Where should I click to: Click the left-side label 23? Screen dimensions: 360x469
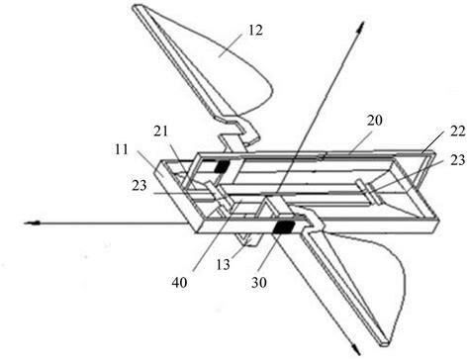[141, 181]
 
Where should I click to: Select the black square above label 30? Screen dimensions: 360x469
[288, 227]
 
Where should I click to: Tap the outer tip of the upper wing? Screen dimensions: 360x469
[136, 9]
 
